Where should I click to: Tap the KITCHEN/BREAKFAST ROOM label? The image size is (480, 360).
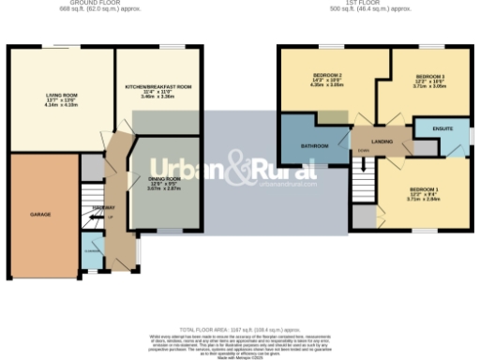pyautogui.click(x=158, y=86)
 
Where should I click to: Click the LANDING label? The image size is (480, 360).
pyautogui.click(x=382, y=142)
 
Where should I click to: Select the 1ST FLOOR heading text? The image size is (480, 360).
pyautogui.click(x=352, y=3)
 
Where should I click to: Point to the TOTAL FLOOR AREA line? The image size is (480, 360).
pyautogui.click(x=239, y=330)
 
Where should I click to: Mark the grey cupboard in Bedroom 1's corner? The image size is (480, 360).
pyautogui.click(x=363, y=216)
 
